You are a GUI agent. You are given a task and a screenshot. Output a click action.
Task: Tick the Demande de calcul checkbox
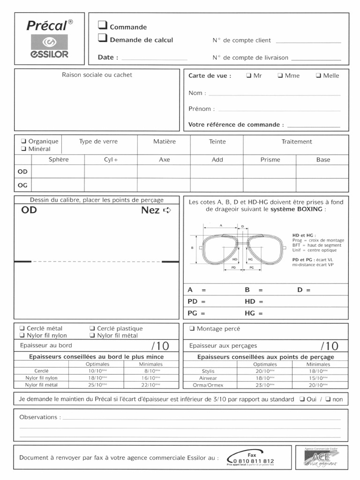(102, 38)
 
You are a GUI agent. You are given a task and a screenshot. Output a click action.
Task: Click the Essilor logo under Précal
(50, 46)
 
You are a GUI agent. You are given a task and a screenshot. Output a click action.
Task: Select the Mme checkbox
(280, 75)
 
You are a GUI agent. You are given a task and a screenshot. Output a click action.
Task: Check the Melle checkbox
(318, 75)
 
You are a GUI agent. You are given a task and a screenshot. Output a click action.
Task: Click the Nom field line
(274, 94)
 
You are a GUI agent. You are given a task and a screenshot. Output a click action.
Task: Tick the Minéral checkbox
(23, 149)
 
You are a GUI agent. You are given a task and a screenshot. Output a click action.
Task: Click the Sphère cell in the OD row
(58, 172)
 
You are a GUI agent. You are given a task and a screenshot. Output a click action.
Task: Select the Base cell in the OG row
(322, 185)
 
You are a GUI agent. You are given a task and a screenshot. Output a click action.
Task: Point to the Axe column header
(164, 160)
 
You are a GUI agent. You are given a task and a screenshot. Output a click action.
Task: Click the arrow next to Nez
(167, 210)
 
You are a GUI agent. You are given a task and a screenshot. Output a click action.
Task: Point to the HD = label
(254, 301)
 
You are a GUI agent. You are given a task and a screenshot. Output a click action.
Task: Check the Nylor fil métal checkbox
(92, 336)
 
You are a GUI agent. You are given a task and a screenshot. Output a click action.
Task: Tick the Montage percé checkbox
(192, 329)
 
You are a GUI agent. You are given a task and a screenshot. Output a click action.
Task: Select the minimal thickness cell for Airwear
(318, 378)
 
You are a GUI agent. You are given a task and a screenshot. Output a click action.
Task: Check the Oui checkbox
(303, 399)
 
